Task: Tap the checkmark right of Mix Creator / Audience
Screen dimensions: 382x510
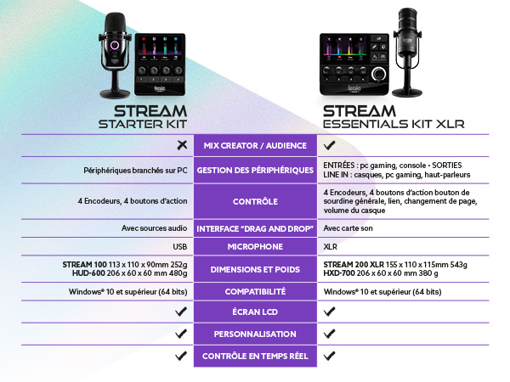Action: [x=330, y=146]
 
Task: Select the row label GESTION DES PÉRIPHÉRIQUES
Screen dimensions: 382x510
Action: [x=255, y=170]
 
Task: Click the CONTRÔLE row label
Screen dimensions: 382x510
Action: [x=255, y=202]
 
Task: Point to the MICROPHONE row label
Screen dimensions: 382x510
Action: [x=255, y=247]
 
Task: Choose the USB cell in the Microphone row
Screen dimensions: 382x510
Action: [x=178, y=247]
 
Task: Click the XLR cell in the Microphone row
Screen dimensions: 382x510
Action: [x=330, y=247]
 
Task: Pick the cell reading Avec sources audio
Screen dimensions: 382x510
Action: [x=155, y=229]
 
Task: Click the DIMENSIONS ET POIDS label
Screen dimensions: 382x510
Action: [x=255, y=269]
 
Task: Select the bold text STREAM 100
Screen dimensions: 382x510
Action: [x=83, y=264]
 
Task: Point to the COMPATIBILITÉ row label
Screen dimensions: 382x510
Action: [x=255, y=292]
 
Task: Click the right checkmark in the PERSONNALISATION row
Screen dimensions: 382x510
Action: [x=330, y=334]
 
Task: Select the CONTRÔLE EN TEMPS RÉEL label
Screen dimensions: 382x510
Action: [x=255, y=356]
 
